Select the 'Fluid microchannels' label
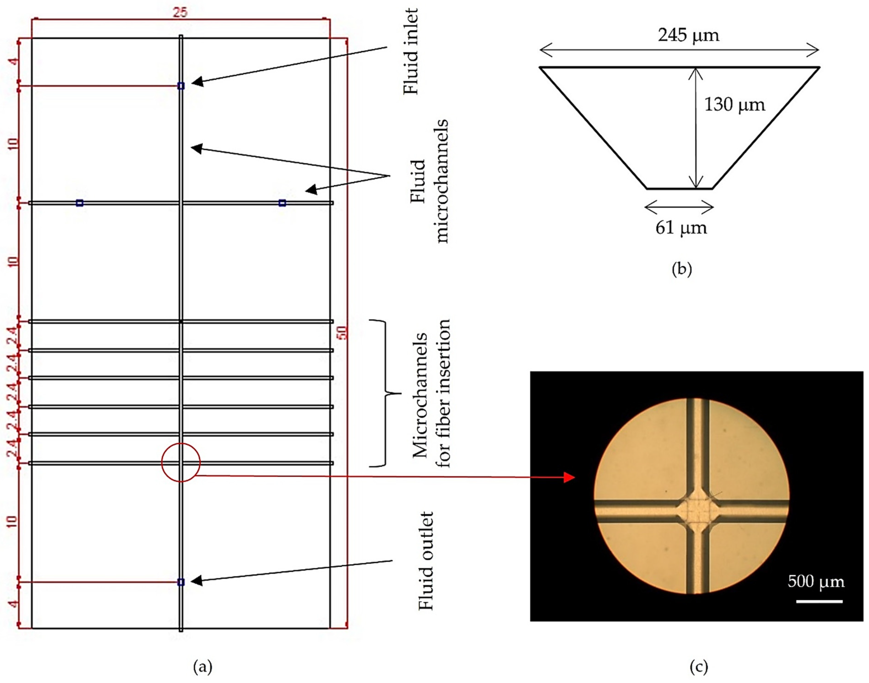(430, 181)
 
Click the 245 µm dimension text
(688, 35)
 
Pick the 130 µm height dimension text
(734, 105)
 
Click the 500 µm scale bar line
(819, 601)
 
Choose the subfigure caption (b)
(681, 269)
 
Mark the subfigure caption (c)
(699, 667)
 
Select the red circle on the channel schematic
(181, 463)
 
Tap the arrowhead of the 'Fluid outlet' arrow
(196, 581)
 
